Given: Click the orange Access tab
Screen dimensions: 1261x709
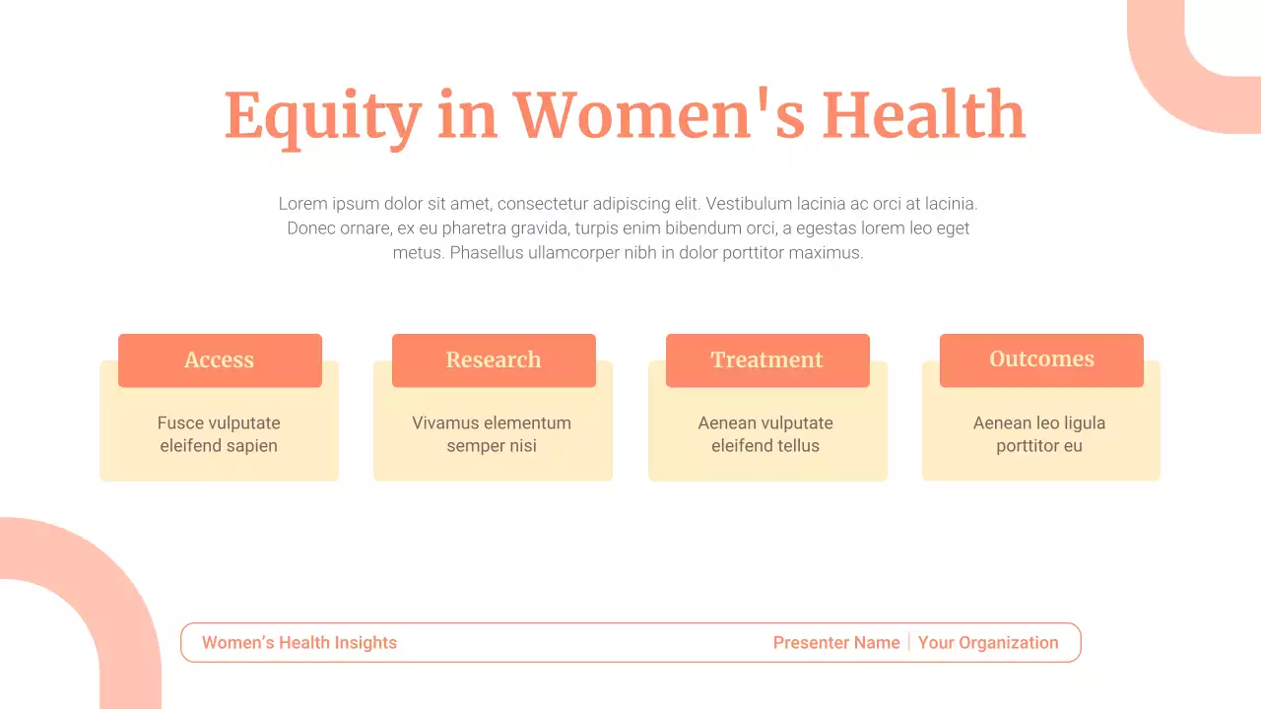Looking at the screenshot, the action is point(220,360).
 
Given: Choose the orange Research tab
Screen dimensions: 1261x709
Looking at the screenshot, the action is point(494,360).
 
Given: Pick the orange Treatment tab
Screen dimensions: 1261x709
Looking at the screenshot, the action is point(767,360).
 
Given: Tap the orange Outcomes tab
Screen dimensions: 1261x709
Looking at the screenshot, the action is point(1041,360).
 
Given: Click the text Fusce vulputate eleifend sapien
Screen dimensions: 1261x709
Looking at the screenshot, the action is point(219,434).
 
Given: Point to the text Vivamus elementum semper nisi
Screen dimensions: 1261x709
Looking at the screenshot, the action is point(492,434).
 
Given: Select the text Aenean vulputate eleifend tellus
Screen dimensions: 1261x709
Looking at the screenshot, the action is point(765,434).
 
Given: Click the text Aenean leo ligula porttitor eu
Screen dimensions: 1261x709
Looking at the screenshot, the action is point(1039,434).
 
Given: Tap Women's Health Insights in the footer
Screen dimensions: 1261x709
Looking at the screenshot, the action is point(299,643).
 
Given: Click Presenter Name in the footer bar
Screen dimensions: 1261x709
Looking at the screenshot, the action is point(836,643).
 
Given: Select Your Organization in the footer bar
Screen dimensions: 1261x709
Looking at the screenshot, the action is point(988,643).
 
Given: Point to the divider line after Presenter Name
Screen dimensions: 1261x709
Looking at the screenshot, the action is point(909,643).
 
